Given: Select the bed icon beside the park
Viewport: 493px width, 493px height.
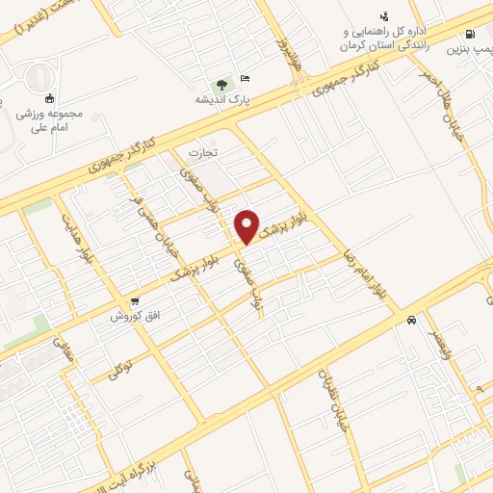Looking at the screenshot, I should tap(245, 78).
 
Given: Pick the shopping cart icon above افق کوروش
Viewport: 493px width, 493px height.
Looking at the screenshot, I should tap(136, 301).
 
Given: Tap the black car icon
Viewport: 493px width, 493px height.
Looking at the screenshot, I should tap(412, 320).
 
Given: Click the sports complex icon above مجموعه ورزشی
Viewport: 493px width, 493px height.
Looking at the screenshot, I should tap(49, 97).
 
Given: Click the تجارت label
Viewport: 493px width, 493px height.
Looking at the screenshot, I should tap(202, 153).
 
